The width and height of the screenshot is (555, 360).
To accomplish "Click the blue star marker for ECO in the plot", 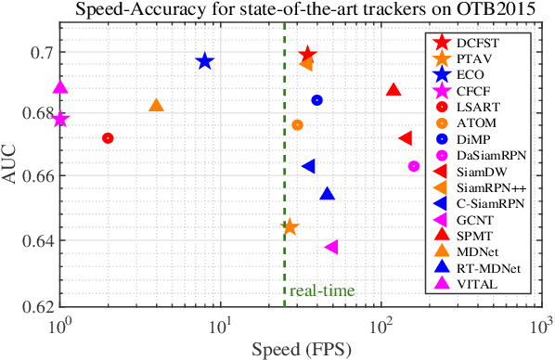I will (x=205, y=61).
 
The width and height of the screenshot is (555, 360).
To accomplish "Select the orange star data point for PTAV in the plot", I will (x=290, y=226).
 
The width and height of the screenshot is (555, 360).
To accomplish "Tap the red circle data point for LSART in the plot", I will (x=108, y=138).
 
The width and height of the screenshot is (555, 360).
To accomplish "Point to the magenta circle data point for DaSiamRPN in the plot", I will (x=414, y=166).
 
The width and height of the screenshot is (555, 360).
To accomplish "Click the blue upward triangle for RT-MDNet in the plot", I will (x=327, y=194).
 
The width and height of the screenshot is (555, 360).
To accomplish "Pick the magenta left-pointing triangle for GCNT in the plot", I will (x=331, y=247).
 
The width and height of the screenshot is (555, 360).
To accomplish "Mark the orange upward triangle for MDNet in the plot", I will (x=156, y=106).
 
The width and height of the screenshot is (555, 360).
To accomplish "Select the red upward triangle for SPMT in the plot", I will (x=394, y=90).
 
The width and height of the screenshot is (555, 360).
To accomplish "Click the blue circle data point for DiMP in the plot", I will (x=316, y=100).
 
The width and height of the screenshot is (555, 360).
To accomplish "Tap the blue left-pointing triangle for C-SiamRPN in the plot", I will (x=309, y=166).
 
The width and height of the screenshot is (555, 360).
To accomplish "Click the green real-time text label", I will (x=321, y=291).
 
